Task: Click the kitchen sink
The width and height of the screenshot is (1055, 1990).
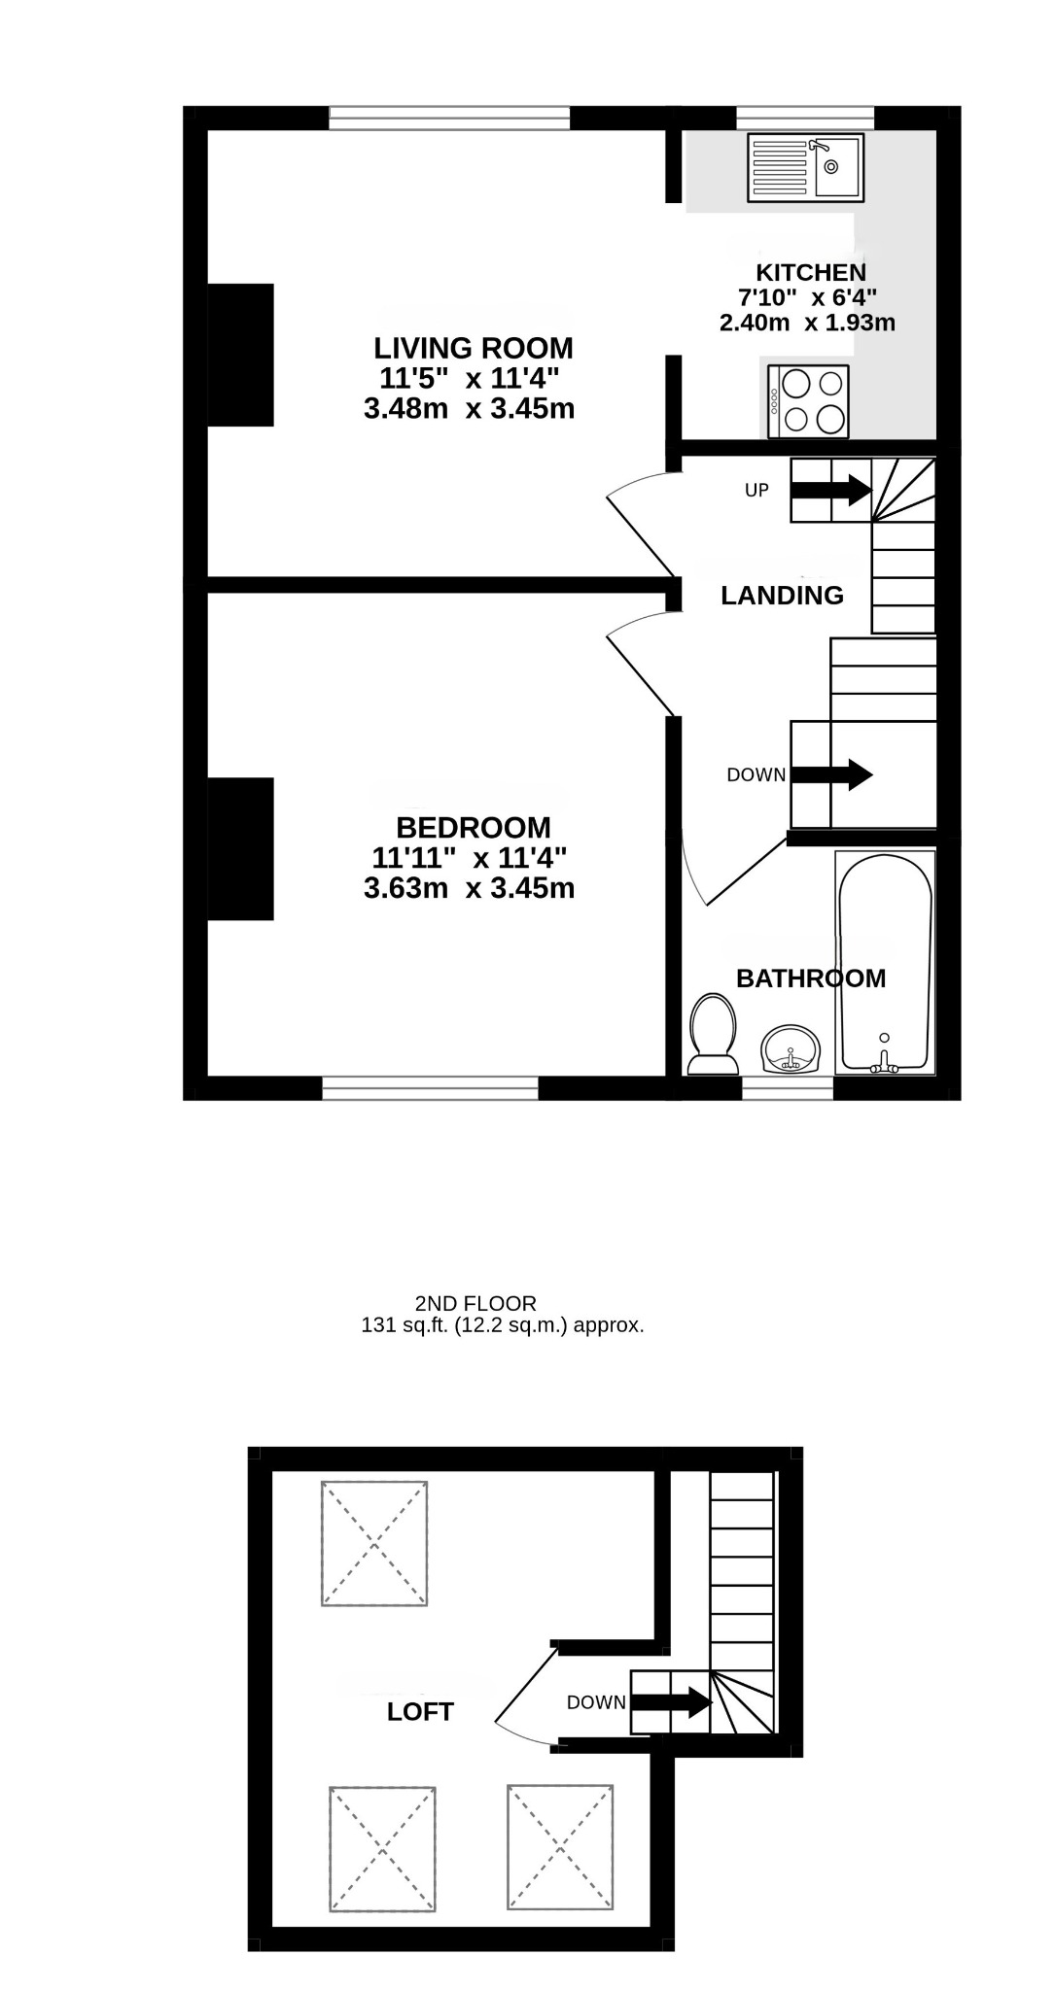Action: (x=805, y=168)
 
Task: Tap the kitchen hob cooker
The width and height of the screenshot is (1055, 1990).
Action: (x=808, y=401)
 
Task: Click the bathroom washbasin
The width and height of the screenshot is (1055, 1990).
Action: (x=791, y=1050)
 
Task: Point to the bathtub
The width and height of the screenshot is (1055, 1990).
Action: (x=885, y=963)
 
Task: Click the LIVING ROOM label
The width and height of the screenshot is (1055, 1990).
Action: (x=474, y=348)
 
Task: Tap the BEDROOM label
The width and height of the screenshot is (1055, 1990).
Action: (x=474, y=828)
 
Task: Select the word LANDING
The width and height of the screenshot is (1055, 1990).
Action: (x=782, y=596)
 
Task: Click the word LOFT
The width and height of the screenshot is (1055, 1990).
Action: (x=420, y=1711)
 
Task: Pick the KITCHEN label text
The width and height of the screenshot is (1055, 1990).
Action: (x=811, y=272)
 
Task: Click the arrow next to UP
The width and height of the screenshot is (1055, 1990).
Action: (x=830, y=489)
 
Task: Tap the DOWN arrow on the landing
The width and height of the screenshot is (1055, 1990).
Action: (x=831, y=774)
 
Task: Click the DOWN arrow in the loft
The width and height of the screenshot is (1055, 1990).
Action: (x=672, y=1701)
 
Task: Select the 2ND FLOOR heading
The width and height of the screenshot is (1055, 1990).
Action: (x=475, y=1303)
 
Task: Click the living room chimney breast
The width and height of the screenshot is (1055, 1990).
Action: (x=241, y=355)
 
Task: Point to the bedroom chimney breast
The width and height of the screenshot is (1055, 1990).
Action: (x=241, y=848)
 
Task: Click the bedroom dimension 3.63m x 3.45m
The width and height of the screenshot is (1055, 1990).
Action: (x=469, y=888)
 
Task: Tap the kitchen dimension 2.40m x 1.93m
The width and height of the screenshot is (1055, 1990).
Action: (x=807, y=323)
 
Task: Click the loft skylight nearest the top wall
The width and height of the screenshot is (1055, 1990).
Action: (x=374, y=1543)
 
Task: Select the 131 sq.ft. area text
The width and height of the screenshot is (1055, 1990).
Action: (x=503, y=1324)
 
